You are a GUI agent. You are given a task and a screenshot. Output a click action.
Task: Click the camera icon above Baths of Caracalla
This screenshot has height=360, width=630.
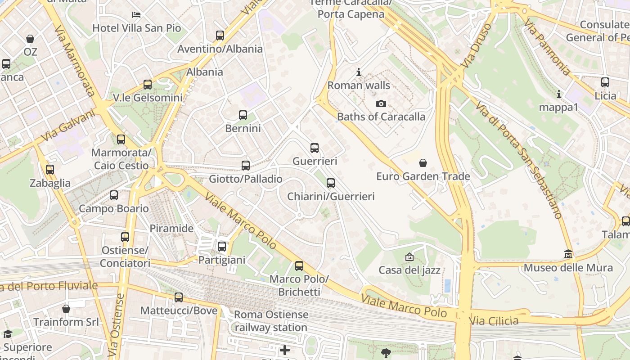381,104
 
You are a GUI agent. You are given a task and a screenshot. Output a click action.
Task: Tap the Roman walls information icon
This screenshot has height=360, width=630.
359,72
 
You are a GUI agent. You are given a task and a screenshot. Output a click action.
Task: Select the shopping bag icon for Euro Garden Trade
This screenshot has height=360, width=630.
423,163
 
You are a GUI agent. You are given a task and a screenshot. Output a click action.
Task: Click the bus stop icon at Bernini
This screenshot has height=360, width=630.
243,115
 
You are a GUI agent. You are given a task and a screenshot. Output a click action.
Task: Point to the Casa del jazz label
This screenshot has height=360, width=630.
409,270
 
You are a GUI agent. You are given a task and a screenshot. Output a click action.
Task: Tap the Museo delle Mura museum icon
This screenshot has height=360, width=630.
568,254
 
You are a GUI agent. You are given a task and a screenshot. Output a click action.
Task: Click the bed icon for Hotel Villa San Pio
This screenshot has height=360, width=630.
136,15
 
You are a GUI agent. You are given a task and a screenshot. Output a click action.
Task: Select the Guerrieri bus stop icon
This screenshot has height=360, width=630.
315,148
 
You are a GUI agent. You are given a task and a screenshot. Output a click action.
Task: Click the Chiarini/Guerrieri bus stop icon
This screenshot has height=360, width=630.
331,183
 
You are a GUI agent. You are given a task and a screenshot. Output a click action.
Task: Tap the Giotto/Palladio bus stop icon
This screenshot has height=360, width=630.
246,166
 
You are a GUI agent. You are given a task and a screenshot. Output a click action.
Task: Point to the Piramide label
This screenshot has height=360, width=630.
171,228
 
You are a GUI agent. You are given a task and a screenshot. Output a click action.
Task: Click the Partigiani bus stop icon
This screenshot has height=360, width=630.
222,247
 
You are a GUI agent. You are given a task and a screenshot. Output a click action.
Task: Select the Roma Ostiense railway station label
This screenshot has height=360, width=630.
271,321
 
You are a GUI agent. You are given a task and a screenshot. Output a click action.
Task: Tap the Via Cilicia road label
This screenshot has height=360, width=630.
494,321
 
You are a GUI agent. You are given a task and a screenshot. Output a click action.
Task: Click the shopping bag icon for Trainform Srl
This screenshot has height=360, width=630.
66,309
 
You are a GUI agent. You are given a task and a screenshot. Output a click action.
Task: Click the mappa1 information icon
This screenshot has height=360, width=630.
559,94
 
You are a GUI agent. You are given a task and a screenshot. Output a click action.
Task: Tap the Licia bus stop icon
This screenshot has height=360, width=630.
605,82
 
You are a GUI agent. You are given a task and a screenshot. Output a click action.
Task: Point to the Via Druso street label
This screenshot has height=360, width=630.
477,45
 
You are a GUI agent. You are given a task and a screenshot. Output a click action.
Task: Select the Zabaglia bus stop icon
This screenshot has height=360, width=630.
50,170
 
